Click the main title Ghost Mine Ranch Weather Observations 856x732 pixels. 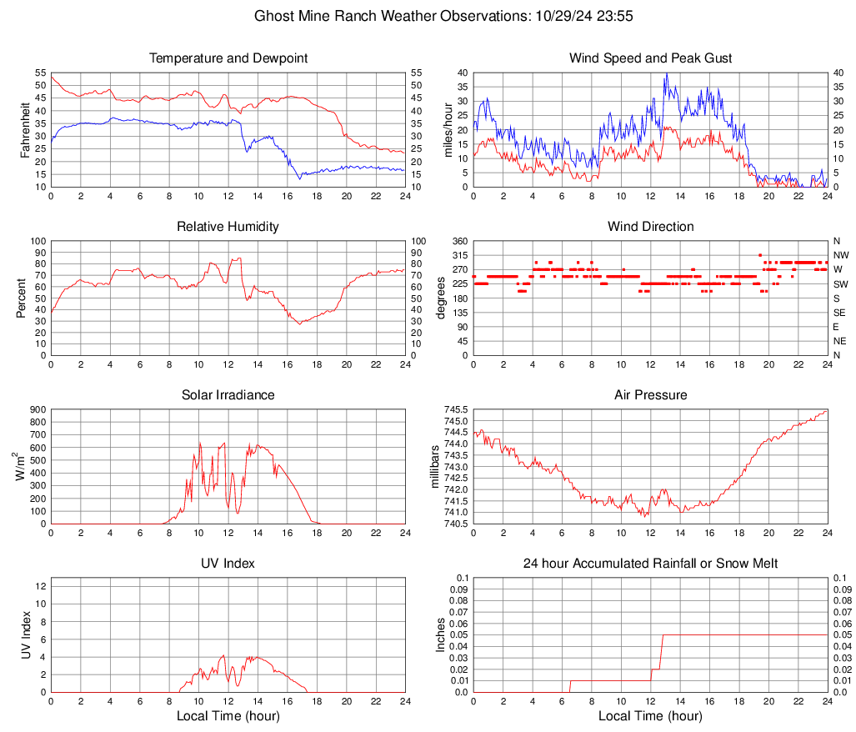point(428,16)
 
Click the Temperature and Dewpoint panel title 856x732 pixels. point(228,58)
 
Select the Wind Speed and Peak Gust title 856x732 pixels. point(651,58)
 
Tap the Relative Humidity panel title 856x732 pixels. point(228,227)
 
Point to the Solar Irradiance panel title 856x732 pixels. point(228,395)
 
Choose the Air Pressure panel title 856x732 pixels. point(651,395)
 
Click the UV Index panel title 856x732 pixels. point(228,564)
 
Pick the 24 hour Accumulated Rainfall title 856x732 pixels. point(651,564)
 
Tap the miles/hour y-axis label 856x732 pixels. point(448,130)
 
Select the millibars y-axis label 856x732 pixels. point(434,467)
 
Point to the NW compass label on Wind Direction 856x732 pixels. point(841,255)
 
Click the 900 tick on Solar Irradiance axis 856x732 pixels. point(37,410)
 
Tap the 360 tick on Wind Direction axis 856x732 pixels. point(458,242)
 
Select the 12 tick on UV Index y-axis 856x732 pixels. point(40,586)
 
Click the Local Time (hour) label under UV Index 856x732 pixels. point(228,716)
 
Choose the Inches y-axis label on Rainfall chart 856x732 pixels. point(442,634)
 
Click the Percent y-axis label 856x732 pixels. point(21,298)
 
